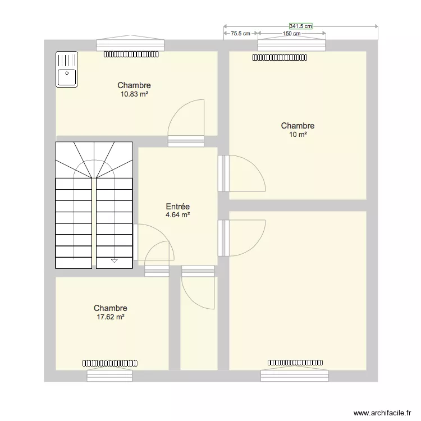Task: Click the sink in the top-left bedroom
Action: pos(66,69)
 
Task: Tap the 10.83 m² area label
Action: pos(134,94)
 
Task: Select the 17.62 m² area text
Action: pos(110,317)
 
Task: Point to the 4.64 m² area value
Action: pos(177,214)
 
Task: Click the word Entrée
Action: pos(177,207)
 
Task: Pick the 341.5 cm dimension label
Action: pos(300,26)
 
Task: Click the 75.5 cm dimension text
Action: pos(240,34)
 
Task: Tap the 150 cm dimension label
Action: pos(291,34)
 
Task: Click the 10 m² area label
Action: pos(298,135)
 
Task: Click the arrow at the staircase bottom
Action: pos(115,260)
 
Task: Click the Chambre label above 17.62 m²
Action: pos(110,308)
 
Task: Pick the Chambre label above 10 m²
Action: pos(298,126)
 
